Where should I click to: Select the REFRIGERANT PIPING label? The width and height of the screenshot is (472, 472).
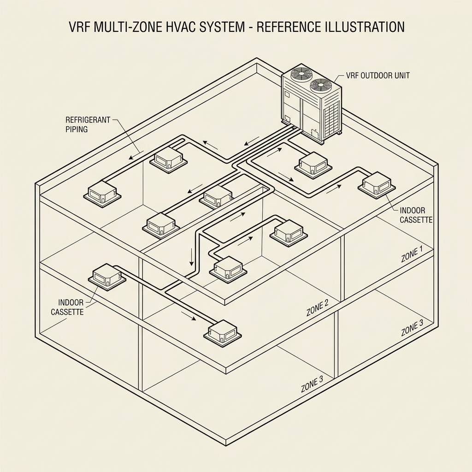88,124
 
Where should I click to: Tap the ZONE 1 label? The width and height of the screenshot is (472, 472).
412,254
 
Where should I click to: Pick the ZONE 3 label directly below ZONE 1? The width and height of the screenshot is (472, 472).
412,328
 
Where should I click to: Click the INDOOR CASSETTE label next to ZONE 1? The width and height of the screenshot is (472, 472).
416,215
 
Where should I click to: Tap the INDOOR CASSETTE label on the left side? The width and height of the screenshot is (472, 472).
67,307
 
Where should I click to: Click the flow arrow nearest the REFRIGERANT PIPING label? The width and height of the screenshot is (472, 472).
135,154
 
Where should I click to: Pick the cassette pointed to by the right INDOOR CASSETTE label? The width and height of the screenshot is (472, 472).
377,184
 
